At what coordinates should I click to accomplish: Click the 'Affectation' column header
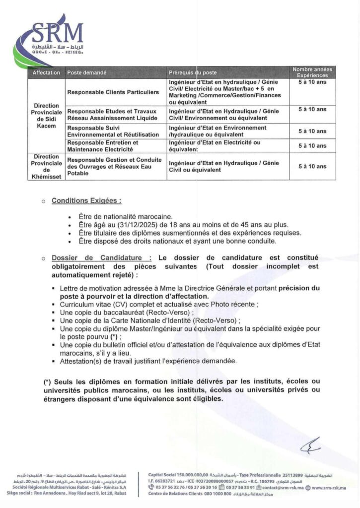46,73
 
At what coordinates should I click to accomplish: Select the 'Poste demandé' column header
87,73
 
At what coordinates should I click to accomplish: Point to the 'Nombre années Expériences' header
312,72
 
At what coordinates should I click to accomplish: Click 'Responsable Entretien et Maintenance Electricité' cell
103,145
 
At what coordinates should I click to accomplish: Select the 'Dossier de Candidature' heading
102,258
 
